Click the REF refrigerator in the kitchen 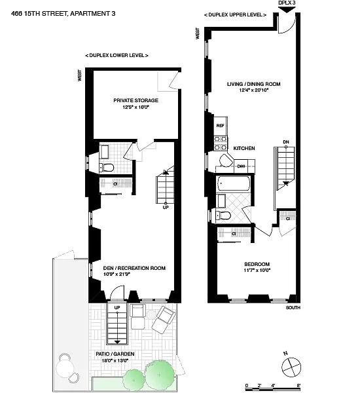pos(221,126)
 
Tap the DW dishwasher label pos(241,166)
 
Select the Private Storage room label pos(135,100)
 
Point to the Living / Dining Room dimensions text pos(254,90)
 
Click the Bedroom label pos(257,264)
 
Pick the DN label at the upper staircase pos(286,142)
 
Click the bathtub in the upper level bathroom pos(234,183)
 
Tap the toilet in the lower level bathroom pos(107,167)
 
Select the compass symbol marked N pos(291,367)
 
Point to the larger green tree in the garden pos(160,375)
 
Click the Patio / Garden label pos(115,354)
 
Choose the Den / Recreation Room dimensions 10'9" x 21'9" pos(117,274)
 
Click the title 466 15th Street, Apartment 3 pos(63,14)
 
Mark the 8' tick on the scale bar pos(298,385)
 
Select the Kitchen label pos(244,148)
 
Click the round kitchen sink pos(226,160)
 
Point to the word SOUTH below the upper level pos(293,308)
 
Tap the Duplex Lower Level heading pos(117,55)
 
